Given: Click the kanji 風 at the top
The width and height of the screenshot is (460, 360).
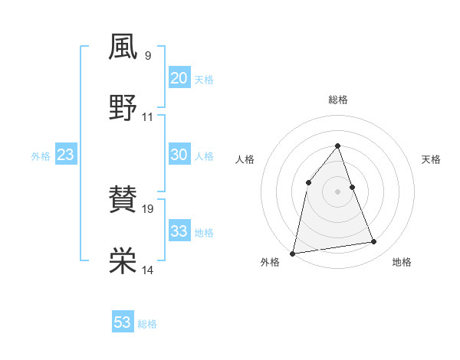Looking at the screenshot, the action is pos(123,47).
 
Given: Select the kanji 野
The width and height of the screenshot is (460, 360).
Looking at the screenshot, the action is pos(123,108).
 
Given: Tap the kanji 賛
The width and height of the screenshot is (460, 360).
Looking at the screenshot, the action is pos(123,201).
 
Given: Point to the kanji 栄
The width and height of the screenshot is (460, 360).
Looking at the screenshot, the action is pos(123,261).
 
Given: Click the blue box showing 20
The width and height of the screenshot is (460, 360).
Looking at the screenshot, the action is pos(179,78).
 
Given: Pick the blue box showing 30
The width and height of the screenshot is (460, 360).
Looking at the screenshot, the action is pos(179,155).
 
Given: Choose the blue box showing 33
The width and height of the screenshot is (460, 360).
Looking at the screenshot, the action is pos(179,231).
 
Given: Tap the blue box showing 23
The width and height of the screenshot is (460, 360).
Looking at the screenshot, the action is pos(65,155).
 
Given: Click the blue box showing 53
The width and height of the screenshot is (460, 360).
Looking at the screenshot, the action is pos(123,322).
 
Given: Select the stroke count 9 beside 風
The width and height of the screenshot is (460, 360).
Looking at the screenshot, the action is pos(147,56).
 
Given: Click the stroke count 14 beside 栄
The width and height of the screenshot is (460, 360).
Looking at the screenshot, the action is pos(148,270).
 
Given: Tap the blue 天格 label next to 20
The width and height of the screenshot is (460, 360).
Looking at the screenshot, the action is pos(204,80).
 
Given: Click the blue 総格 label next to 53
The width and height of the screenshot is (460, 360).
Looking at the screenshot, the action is pos(147,324).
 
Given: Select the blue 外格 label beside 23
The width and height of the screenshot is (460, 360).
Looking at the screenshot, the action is pos(41,156).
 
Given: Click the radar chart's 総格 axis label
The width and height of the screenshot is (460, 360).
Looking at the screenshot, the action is pos(338,100).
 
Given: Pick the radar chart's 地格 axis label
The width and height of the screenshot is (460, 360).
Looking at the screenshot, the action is pos(402,263).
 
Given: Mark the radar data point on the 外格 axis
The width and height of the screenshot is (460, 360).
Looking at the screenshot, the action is pos(293,253).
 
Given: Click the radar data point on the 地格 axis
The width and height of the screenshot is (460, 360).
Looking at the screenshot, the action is pos(374,242).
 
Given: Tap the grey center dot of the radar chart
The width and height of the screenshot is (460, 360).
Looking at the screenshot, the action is pos(338,191).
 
